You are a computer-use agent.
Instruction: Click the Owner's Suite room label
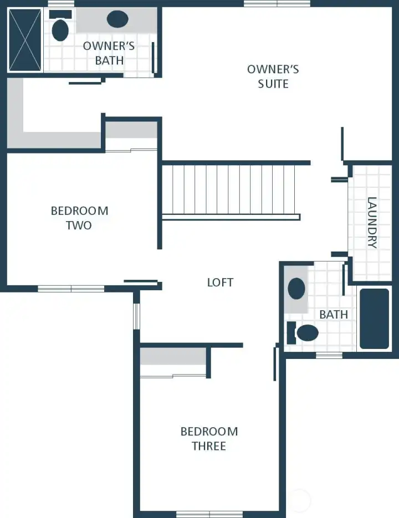[273, 76]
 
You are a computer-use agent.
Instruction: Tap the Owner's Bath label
[109, 53]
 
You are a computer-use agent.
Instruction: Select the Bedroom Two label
[79, 218]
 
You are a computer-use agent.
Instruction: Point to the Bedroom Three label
[209, 438]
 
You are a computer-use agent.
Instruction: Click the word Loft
[220, 283]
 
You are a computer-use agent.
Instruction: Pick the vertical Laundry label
[372, 223]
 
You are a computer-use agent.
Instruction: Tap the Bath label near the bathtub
[334, 315]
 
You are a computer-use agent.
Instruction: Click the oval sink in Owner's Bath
[117, 20]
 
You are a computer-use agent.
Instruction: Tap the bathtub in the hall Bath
[375, 319]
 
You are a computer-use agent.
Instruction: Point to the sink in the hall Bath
[297, 289]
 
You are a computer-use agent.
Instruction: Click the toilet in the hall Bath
[304, 333]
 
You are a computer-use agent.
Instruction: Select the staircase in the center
[230, 190]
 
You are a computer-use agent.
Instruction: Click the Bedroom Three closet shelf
[173, 357]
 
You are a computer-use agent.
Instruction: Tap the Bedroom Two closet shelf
[131, 130]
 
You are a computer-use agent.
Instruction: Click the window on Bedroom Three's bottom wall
[209, 514]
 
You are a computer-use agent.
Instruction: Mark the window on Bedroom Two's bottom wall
[71, 288]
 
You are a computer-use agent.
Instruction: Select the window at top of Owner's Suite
[277, 4]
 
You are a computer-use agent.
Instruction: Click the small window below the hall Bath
[329, 355]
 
